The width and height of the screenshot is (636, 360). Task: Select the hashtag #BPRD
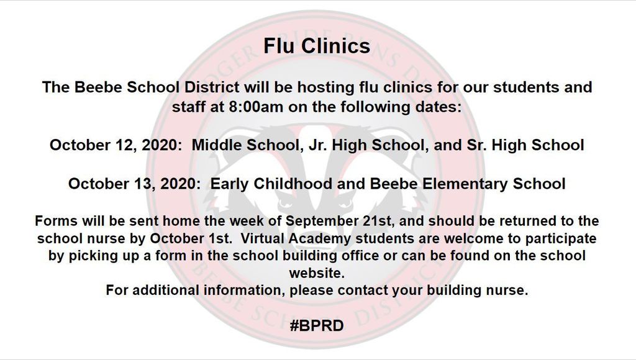(x=317, y=325)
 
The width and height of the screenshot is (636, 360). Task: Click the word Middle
(x=217, y=145)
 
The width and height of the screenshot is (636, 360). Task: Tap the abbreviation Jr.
(x=317, y=145)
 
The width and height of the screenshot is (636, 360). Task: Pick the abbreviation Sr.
(x=476, y=145)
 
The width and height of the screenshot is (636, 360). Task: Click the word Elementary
(x=465, y=184)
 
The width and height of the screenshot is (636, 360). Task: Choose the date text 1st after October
(x=219, y=238)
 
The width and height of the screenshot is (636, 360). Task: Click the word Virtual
(x=263, y=238)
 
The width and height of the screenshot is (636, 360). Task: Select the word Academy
(x=320, y=238)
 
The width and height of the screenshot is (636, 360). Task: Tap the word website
(x=317, y=273)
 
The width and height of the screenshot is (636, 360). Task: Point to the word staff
(x=188, y=107)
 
